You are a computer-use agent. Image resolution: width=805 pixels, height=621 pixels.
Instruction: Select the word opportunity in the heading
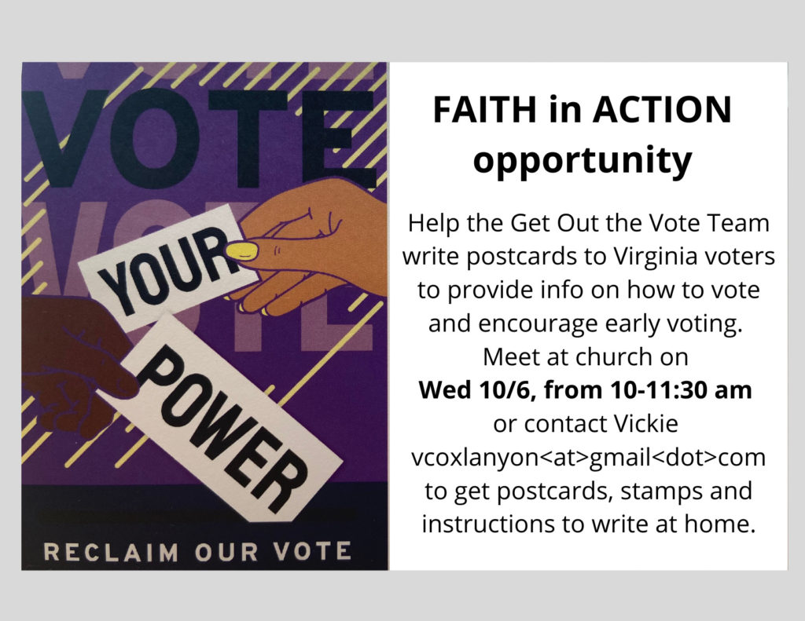[x=583, y=160]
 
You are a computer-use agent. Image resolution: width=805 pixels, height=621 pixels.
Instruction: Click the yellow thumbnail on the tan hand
[x=242, y=250]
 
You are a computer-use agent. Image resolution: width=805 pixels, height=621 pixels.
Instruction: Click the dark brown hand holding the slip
[x=72, y=359]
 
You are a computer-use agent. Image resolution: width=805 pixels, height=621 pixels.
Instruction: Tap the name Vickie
[x=646, y=424]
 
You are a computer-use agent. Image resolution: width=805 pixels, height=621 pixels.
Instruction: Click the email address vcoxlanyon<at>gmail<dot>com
[x=588, y=457]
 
